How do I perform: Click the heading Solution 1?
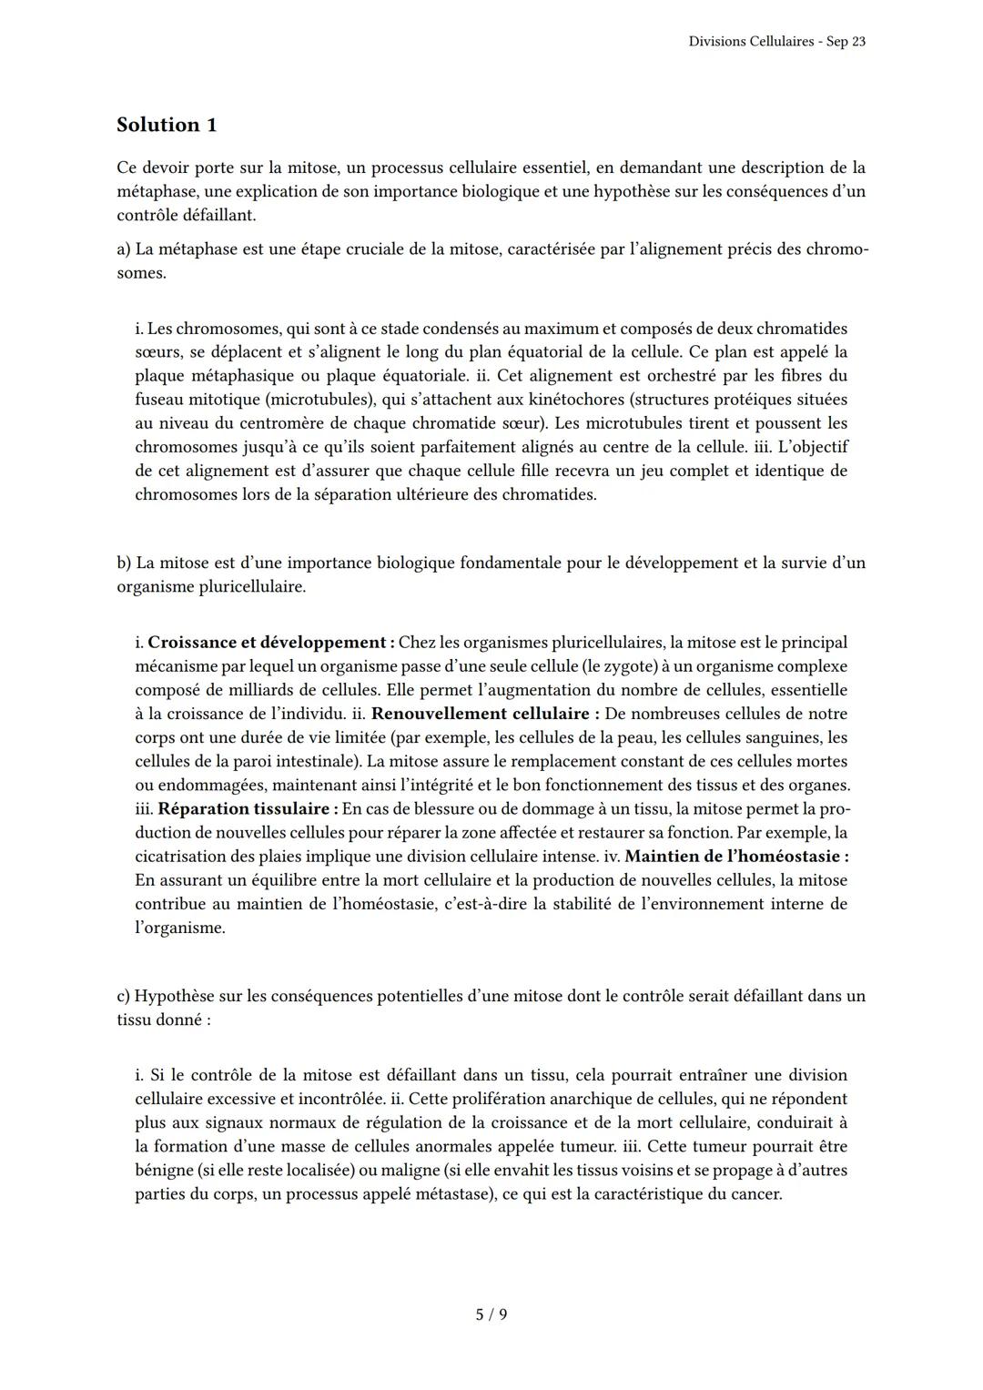[x=167, y=125]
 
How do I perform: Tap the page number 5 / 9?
[x=491, y=1314]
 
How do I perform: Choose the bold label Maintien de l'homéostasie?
[x=736, y=857]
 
